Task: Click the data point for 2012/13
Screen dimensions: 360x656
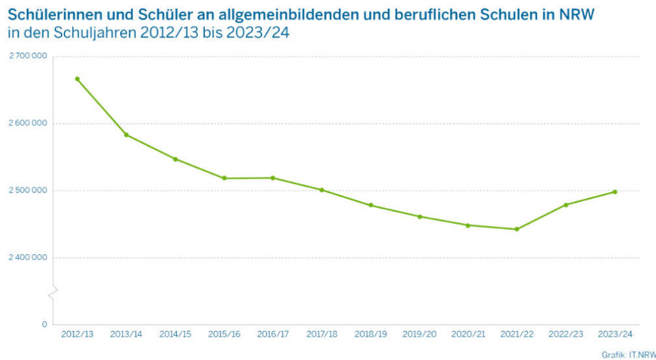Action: (x=77, y=79)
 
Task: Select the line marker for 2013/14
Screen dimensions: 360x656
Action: (x=126, y=135)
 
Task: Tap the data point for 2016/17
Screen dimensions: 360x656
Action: (x=273, y=178)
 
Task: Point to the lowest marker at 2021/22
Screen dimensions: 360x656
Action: (x=517, y=229)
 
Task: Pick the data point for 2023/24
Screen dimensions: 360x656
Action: (x=615, y=192)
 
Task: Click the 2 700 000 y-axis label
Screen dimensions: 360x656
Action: (x=28, y=56)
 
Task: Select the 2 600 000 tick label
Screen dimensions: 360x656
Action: (x=28, y=124)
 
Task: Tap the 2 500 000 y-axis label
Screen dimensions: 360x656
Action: (x=28, y=191)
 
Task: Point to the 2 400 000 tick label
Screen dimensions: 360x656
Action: (x=28, y=258)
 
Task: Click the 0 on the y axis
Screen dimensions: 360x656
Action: (x=44, y=325)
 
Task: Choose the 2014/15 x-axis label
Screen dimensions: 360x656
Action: (x=175, y=334)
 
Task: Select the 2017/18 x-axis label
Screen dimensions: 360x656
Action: (x=322, y=334)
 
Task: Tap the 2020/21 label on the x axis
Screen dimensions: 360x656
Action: (x=468, y=334)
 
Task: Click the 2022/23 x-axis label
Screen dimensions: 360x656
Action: (x=566, y=334)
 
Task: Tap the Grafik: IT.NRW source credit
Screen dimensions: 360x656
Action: (x=628, y=354)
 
